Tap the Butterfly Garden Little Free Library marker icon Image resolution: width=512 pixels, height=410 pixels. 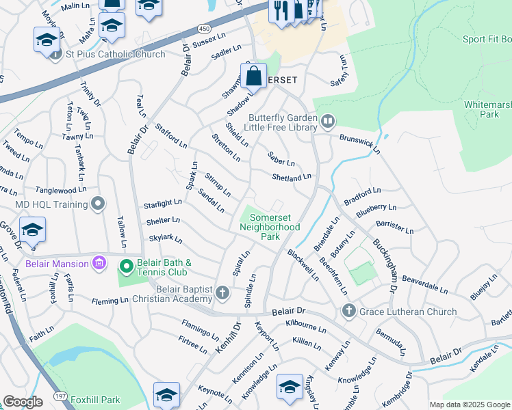pos(328,122)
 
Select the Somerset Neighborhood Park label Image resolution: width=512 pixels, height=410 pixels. pos(270,227)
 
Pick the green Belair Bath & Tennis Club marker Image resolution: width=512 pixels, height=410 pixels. pos(125,266)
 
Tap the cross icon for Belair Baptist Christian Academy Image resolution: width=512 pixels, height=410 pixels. pos(222,293)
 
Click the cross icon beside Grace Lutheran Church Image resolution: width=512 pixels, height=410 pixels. pos(348,312)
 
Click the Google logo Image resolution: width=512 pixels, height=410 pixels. pos(22,402)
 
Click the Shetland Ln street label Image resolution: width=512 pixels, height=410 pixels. pos(291,178)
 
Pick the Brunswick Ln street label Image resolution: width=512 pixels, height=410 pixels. pos(359,141)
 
